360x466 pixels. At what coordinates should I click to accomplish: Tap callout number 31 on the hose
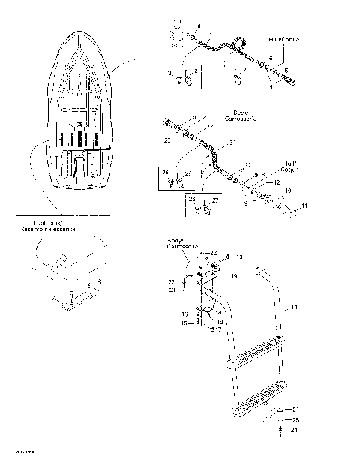point(232,143)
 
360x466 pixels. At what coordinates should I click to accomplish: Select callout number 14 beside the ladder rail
point(295,308)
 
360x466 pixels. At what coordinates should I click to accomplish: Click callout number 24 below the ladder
point(295,431)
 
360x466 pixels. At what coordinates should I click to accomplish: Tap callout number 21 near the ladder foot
point(295,409)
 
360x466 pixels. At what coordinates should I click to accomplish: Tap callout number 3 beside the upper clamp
point(169,74)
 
